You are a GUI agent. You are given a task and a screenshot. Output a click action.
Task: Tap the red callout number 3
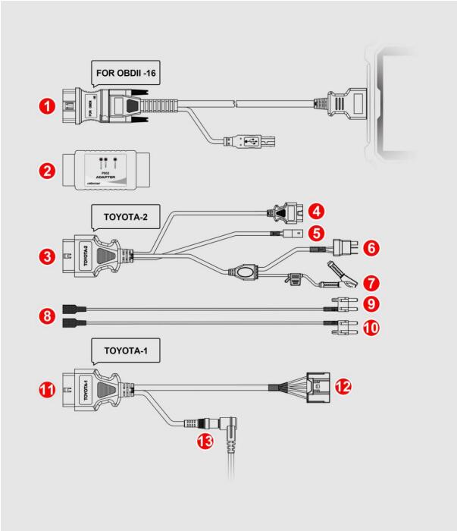click(51, 257)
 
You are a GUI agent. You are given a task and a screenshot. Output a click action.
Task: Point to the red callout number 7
click(371, 283)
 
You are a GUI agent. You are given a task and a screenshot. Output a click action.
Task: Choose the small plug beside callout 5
click(288, 234)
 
